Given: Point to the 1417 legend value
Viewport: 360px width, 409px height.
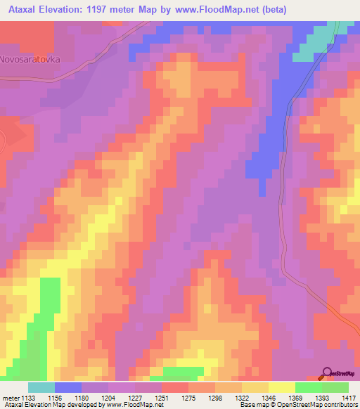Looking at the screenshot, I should pos(349,398).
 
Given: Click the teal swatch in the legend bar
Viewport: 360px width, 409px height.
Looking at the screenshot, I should pos(41,387).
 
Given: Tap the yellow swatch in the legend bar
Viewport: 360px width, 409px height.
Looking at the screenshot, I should pos(281,387).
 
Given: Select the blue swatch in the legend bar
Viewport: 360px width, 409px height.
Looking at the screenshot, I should pos(67,387).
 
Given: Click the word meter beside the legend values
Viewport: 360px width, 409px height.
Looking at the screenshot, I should pos(8,398).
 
